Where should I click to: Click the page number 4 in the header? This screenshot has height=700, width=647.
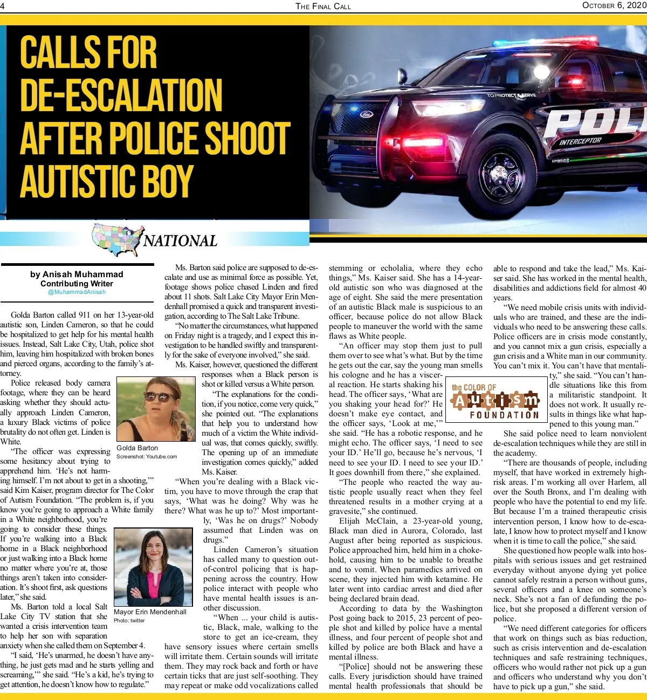click(3, 6)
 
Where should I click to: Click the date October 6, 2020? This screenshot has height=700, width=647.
click(614, 5)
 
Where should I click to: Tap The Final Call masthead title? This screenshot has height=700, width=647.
click(323, 6)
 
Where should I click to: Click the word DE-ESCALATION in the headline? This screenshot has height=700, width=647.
click(121, 95)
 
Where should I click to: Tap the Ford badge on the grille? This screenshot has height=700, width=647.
click(367, 115)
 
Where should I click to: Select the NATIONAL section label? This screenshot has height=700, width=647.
click(180, 241)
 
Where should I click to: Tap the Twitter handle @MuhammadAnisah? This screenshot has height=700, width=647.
click(77, 292)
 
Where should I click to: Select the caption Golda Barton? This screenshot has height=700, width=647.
click(137, 448)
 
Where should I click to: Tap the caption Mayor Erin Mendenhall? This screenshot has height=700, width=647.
click(150, 612)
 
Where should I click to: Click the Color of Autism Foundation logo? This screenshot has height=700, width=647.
click(495, 400)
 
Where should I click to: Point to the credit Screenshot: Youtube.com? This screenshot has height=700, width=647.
click(147, 456)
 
